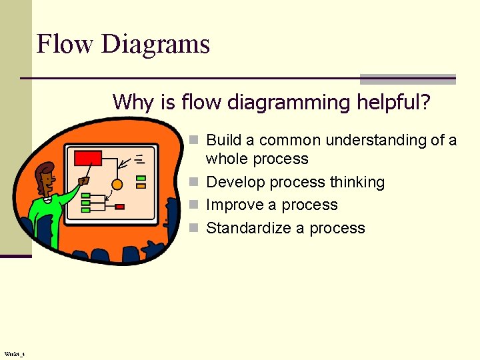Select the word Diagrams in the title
click(x=155, y=45)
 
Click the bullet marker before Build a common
click(x=193, y=141)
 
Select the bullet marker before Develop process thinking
click(x=193, y=183)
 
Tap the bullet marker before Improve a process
click(x=193, y=205)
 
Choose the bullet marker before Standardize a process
click(x=193, y=229)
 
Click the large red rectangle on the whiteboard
click(x=87, y=158)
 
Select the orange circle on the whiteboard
click(x=117, y=185)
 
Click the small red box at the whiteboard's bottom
click(x=119, y=207)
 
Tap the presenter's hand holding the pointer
click(x=83, y=180)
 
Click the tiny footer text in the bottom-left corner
click(x=14, y=354)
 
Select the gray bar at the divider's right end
click(x=407, y=79)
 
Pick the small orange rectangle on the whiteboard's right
click(x=141, y=186)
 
